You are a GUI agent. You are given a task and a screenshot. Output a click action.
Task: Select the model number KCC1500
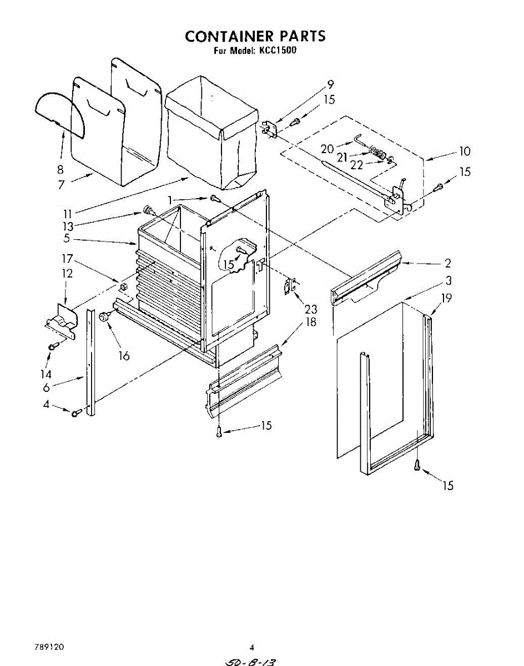pos(278,51)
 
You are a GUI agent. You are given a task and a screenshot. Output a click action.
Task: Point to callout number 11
pos(68,213)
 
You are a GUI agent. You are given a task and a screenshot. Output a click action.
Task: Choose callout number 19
pos(446,298)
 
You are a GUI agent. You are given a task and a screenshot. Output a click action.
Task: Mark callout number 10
pos(465,151)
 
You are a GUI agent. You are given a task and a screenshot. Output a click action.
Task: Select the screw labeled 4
pos(77,412)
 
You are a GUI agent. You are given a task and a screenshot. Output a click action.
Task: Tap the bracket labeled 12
pos(61,321)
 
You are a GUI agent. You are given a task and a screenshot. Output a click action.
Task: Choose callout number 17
pos(67,259)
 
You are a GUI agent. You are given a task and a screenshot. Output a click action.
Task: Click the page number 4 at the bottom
pos(251,647)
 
